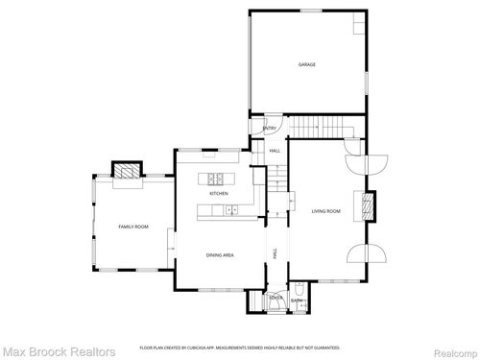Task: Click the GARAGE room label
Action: [x=307, y=64]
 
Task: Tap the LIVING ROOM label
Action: [x=326, y=210]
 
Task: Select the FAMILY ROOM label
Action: [x=133, y=226]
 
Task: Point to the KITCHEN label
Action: [x=219, y=194]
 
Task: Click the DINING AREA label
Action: [x=220, y=254]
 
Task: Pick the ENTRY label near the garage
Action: [x=270, y=129]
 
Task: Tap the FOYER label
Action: [x=275, y=298]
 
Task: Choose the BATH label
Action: [x=297, y=300]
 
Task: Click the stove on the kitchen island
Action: [x=216, y=178]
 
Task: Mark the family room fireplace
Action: [x=127, y=171]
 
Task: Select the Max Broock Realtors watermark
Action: [x=58, y=351]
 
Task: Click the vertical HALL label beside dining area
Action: [x=276, y=252]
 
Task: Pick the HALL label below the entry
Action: [x=275, y=151]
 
